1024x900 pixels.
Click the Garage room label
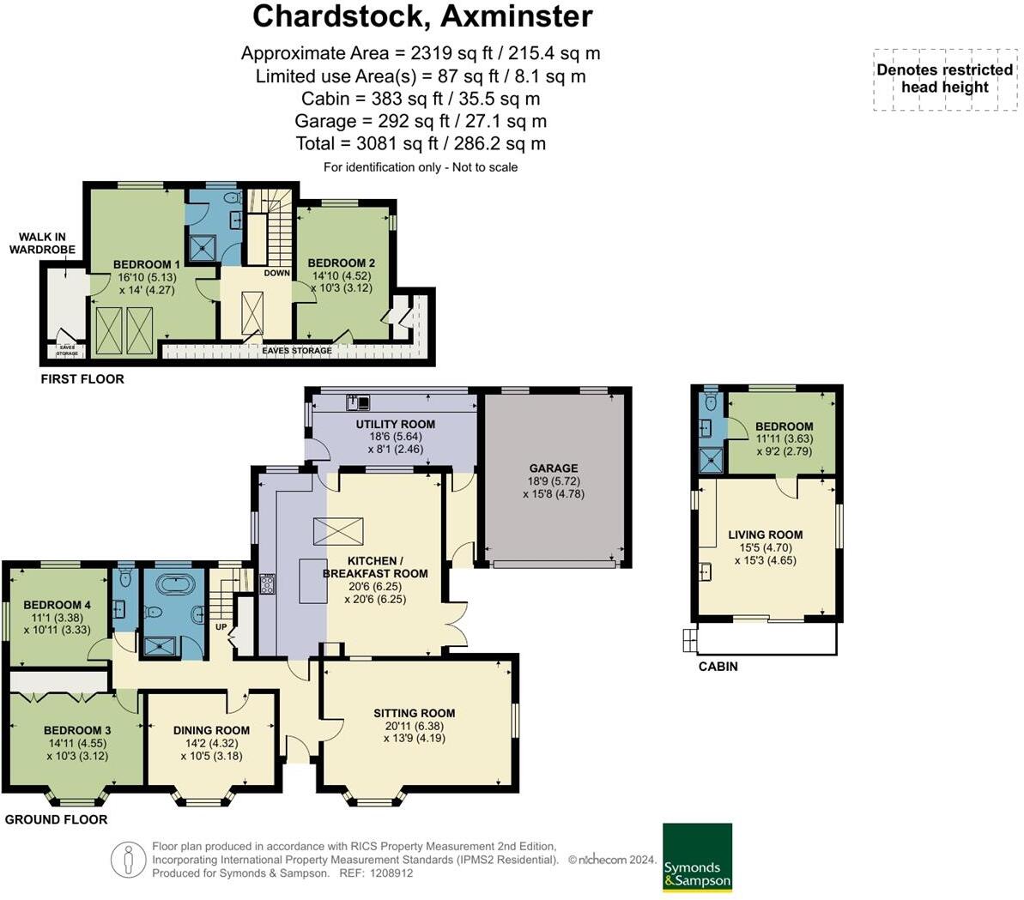553,468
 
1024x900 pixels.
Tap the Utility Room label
395,424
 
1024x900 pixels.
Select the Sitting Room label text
414,713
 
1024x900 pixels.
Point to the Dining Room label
211,730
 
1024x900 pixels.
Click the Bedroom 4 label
58,604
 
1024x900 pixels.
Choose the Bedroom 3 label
77,731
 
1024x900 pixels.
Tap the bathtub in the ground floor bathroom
174,586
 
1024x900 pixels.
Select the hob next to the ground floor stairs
267,584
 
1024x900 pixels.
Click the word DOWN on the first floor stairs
276,273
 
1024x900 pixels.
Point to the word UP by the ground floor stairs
220,626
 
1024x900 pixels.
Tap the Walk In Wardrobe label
42,244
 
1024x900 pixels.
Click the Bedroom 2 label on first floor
342,263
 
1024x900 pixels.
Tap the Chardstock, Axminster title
422,16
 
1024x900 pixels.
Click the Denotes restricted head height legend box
944,79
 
